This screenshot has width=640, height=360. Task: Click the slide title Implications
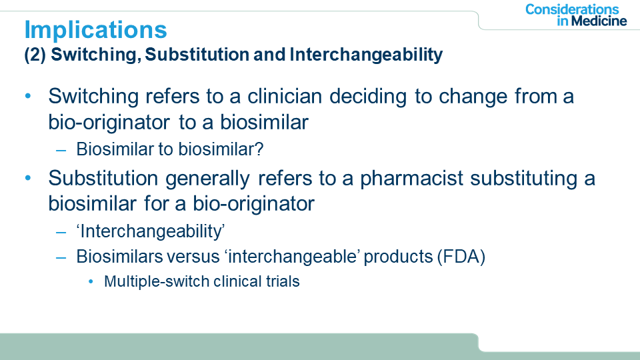(95, 30)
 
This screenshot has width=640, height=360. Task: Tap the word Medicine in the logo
(599, 21)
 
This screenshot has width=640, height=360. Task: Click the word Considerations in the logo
(572, 9)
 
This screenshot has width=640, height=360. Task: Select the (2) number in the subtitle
(35, 55)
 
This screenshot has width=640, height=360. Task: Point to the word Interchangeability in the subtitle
(366, 55)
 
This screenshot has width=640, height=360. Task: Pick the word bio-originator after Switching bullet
(109, 123)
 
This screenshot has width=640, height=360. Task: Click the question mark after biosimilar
(259, 149)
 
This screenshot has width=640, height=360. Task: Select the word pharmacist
(411, 179)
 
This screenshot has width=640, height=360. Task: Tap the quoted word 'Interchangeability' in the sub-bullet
(150, 231)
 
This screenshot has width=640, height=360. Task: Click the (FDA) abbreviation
(461, 257)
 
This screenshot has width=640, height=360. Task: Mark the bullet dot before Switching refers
(28, 96)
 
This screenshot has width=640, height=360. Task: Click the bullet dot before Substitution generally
(28, 179)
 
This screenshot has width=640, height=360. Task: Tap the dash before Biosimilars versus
(61, 258)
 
